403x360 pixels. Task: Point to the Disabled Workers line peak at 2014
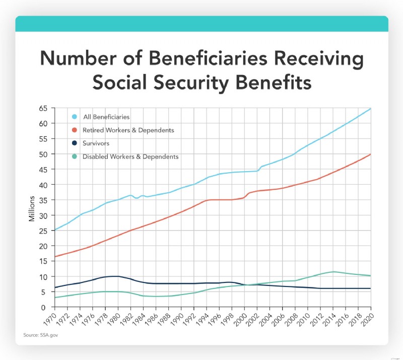[333, 272]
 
